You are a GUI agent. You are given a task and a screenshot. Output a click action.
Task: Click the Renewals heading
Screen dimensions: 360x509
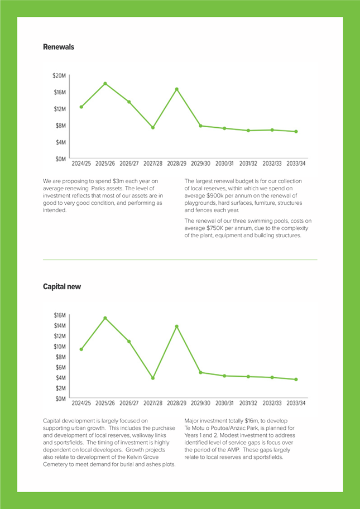(x=59, y=47)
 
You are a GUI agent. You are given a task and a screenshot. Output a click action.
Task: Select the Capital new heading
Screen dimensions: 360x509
(x=62, y=287)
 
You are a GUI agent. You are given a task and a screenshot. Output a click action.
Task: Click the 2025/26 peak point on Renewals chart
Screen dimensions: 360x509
(x=105, y=83)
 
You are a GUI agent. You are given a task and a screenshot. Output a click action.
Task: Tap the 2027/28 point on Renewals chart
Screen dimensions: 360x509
(x=153, y=128)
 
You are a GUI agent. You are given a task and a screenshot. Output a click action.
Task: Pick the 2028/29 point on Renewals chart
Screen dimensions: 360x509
(x=177, y=89)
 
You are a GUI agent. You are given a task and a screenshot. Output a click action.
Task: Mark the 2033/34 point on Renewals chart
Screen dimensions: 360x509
(x=296, y=132)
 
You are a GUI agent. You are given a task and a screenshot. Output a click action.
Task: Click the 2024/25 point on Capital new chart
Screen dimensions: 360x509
(x=81, y=349)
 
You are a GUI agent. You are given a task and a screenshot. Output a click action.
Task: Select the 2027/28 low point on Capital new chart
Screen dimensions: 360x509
(x=153, y=378)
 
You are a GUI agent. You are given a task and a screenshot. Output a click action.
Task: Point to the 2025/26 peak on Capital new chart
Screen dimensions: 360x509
(x=105, y=318)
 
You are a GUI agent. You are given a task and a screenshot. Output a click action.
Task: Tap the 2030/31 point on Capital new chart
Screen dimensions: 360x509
(x=224, y=376)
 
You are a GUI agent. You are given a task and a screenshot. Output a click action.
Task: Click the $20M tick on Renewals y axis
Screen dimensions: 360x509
(x=59, y=76)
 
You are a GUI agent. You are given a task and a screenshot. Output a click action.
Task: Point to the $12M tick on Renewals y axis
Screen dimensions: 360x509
(x=59, y=109)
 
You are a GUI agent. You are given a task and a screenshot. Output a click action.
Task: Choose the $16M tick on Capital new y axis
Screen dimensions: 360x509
(x=59, y=315)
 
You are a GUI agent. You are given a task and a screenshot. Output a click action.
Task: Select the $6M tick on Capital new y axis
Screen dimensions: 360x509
(x=60, y=367)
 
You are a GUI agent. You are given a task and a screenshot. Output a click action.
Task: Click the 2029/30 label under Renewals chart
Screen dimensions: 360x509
(x=200, y=164)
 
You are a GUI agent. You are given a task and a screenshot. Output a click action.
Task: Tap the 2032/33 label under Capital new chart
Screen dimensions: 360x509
(x=272, y=403)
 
